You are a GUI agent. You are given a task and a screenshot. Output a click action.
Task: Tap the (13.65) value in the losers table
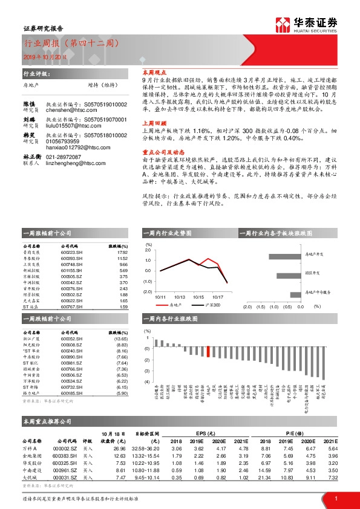(x=121, y=339)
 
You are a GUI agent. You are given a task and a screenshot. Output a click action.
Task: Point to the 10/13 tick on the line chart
(x=178, y=297)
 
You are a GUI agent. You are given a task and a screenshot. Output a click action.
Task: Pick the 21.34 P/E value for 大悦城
(x=269, y=478)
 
